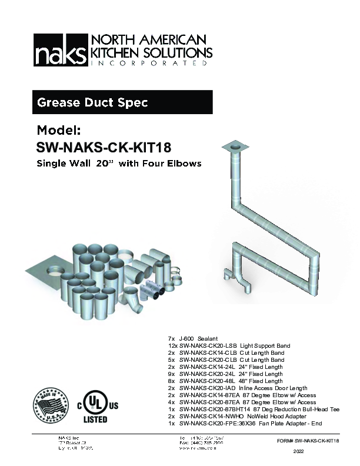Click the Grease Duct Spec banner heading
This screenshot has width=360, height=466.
[x=92, y=102]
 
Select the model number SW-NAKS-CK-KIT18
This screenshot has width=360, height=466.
[x=99, y=146]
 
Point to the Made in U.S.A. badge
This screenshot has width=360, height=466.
[x=51, y=405]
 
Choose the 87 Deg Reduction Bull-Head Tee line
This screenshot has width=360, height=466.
[x=259, y=409]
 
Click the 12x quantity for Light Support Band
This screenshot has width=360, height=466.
[x=172, y=346]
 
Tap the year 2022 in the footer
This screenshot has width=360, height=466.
[x=301, y=452]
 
